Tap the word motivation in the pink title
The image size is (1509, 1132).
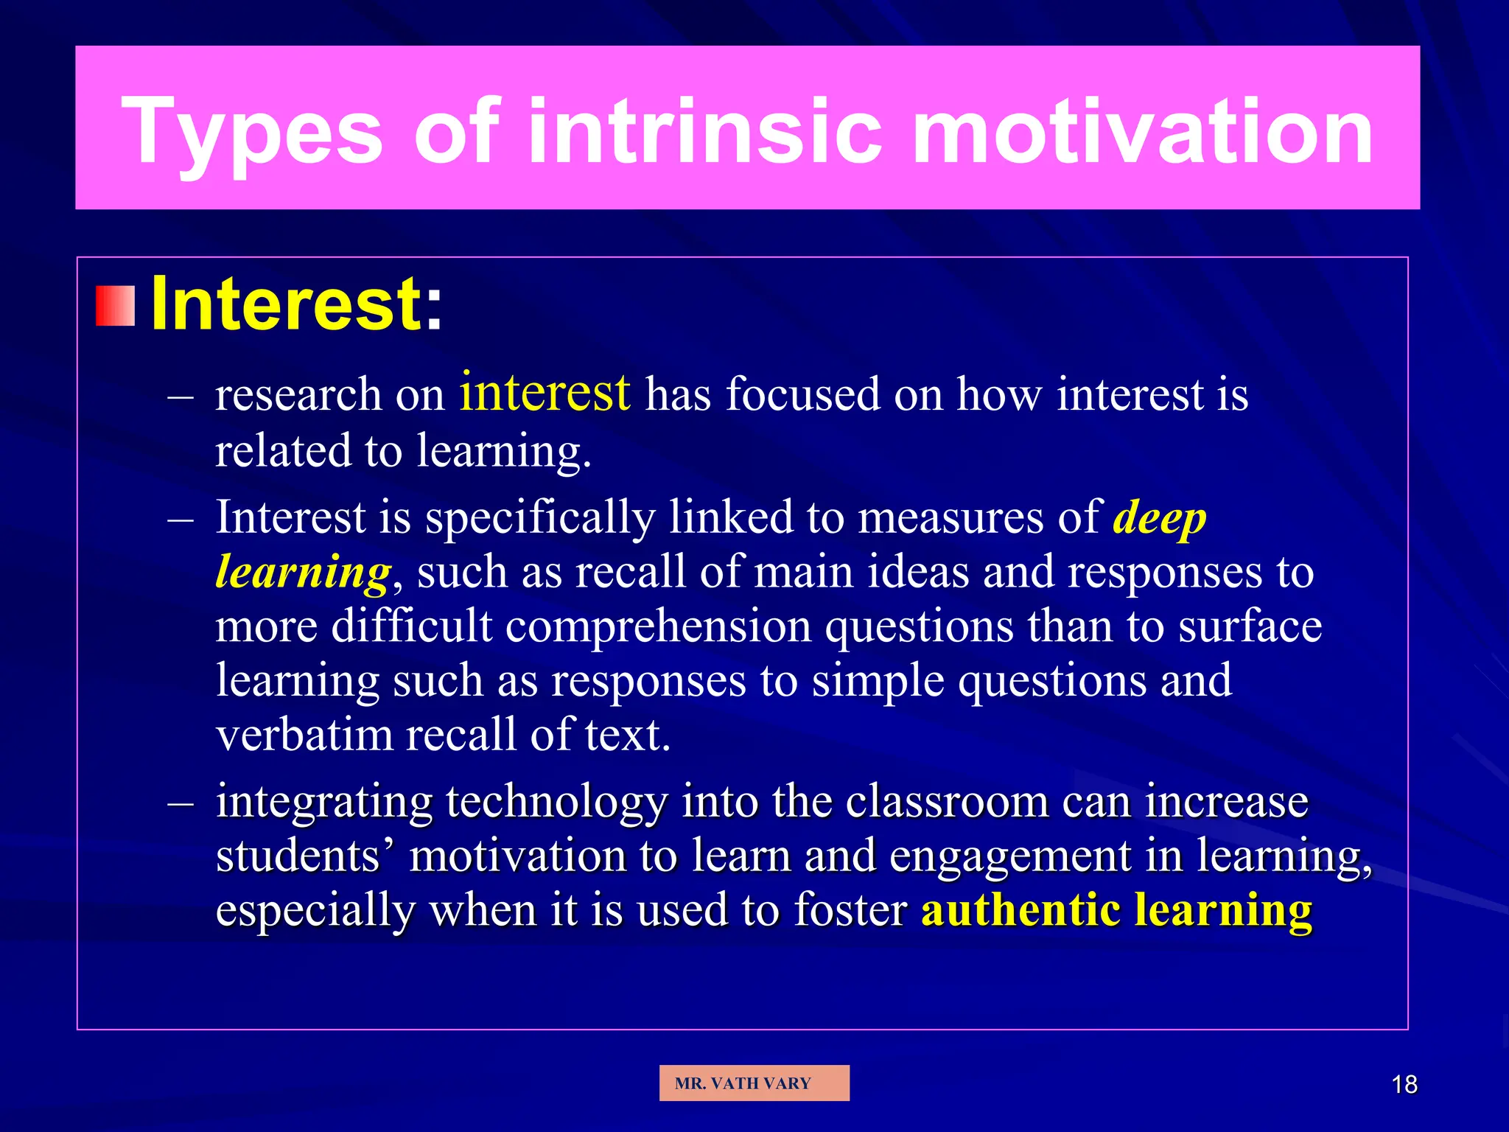pos(1142,133)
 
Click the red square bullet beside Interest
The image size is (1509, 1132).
pos(116,306)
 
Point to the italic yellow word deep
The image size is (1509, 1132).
pos(1159,518)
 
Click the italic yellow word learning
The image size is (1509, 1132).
pos(303,573)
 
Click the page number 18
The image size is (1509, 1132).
pos(1404,1085)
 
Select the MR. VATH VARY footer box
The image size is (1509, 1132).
pos(754,1083)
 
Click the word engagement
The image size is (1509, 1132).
pos(1010,856)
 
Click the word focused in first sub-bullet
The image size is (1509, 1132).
pos(802,394)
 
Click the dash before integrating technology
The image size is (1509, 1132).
pos(181,803)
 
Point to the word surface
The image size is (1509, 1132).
pos(1250,626)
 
